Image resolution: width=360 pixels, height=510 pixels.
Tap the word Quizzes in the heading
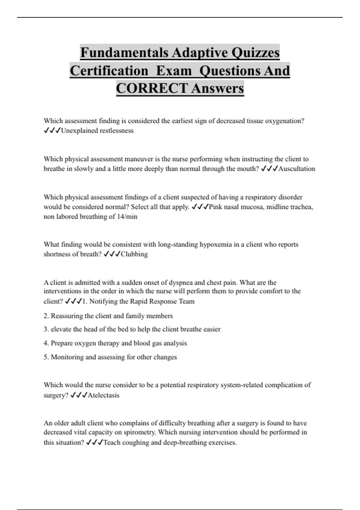pos(255,53)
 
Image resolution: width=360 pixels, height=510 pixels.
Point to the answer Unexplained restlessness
pos(97,131)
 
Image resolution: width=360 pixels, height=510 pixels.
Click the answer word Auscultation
pos(297,169)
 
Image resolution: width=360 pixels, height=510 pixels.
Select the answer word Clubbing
pos(134,254)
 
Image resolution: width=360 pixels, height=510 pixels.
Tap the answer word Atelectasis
pos(103,395)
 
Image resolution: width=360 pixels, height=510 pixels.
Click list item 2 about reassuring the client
pos(108,316)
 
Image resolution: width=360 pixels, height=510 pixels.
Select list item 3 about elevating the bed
pos(132,329)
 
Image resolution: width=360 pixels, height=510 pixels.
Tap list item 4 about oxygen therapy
pos(115,343)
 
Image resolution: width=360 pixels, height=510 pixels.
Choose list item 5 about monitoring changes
pos(110,357)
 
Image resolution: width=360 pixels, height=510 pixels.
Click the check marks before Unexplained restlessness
pos(52,131)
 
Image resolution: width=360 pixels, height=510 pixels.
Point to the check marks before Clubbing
pos(112,254)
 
